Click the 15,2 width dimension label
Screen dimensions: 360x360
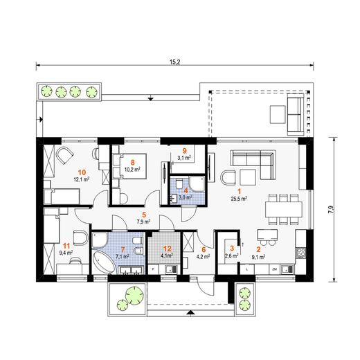point(174,62)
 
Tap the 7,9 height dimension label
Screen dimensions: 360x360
point(330,209)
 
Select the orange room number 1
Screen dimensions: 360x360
point(240,191)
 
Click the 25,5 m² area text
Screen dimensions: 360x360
point(239,199)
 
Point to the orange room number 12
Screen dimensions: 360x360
point(168,249)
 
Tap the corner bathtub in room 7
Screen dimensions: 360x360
point(103,262)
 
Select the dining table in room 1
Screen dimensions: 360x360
point(284,209)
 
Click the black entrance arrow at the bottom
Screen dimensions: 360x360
point(190,312)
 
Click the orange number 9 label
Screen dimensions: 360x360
point(184,151)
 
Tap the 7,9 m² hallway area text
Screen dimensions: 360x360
point(143,222)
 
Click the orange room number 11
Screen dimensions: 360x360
point(66,246)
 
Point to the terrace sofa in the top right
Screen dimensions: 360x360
point(295,114)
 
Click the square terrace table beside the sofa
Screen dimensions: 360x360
point(278,114)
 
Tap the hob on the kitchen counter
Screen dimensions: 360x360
point(300,253)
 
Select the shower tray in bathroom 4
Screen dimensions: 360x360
point(197,184)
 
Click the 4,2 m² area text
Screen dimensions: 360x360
point(204,256)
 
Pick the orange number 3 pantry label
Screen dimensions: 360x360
point(232,249)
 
